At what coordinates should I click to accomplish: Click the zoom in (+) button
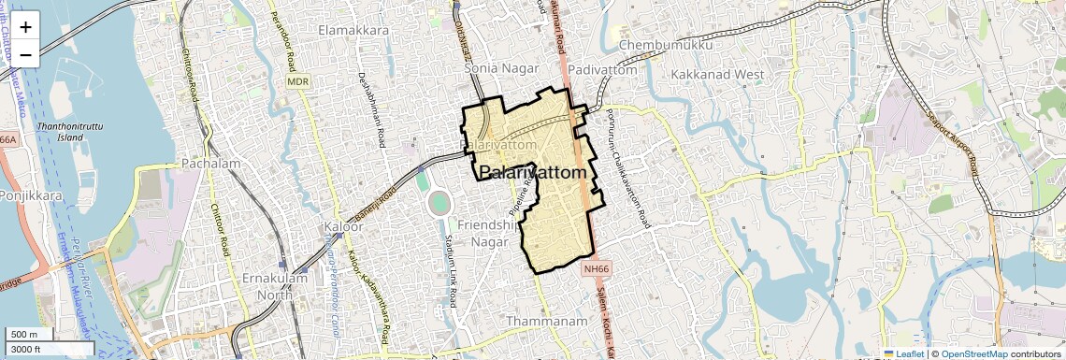(25, 26)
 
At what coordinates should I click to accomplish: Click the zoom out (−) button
(25, 54)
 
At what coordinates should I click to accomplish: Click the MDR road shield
(298, 82)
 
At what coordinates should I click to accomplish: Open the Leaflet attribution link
(904, 353)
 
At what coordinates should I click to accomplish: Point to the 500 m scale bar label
(24, 335)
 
